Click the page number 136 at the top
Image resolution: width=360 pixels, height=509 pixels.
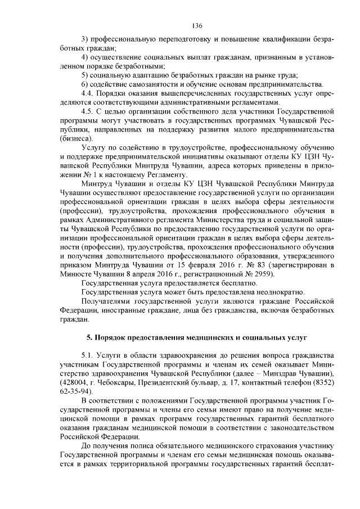[x=196, y=26]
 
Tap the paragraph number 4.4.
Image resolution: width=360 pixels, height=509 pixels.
[x=88, y=93]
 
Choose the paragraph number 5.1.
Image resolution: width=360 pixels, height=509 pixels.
[x=88, y=356]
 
